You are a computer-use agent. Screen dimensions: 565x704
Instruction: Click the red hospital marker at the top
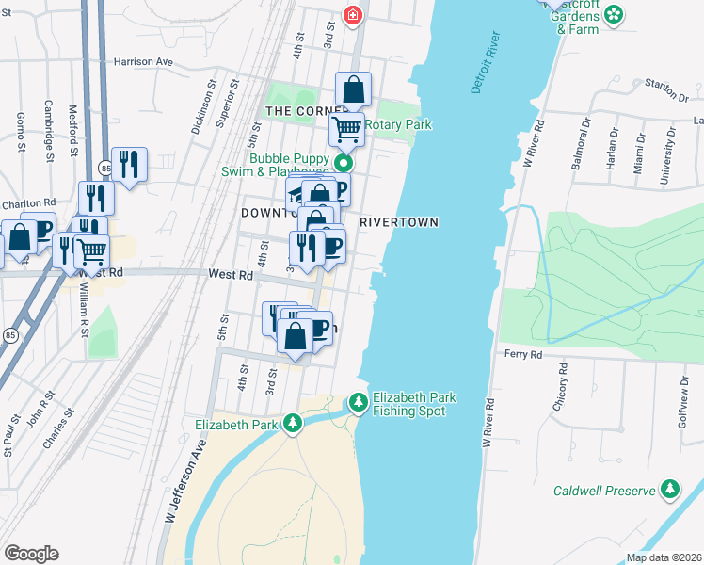point(353,15)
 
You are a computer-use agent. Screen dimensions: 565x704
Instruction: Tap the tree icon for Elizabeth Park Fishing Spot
point(359,403)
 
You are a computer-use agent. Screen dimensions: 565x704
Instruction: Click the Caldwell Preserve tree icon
point(669,490)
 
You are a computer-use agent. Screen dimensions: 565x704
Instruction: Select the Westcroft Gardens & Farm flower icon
point(614,14)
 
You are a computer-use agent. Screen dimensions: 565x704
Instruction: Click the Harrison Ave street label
point(144,61)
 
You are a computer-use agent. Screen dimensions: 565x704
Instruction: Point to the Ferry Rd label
point(523,355)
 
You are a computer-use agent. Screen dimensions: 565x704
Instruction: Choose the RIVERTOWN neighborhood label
point(398,222)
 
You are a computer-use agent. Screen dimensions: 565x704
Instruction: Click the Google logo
point(31,554)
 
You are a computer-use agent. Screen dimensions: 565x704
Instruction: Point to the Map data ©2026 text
point(664,557)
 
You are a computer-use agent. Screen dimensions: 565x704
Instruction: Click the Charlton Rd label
point(28,202)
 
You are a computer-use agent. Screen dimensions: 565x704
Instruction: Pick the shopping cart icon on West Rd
point(91,251)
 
